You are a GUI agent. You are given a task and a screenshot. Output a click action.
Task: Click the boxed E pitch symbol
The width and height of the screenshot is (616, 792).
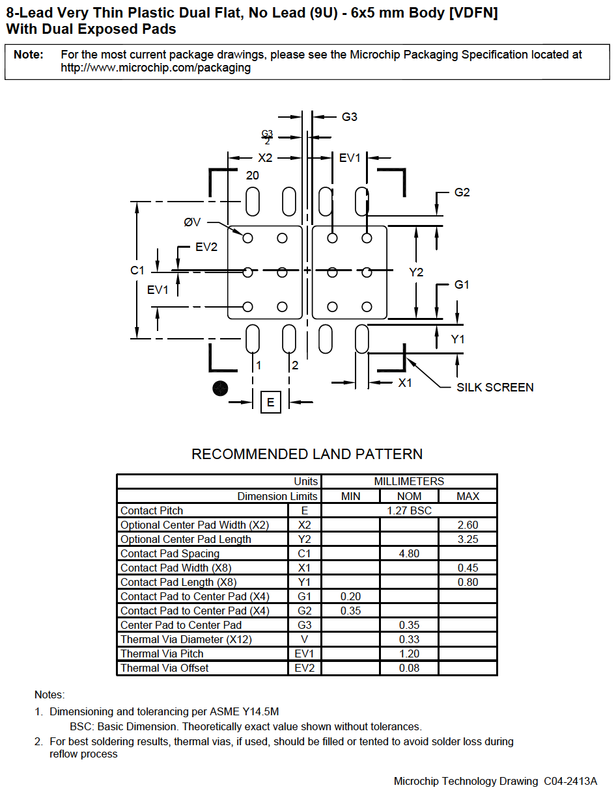pos(271,402)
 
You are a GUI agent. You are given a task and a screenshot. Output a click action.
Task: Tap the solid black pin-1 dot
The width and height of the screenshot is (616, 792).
pos(221,388)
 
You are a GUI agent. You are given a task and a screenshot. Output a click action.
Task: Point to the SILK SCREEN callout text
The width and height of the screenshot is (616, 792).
pos(495,388)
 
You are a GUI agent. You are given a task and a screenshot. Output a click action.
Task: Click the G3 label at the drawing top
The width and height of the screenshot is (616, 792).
pos(350,117)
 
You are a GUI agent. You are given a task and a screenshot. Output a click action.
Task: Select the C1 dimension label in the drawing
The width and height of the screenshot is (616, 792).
pos(137,271)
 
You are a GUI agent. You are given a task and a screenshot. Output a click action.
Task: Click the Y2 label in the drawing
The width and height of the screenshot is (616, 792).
pos(416,272)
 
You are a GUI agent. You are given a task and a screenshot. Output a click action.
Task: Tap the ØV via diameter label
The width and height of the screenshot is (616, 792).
pos(192,222)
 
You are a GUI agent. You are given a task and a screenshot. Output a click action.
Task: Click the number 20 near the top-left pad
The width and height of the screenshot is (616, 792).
pos(253,176)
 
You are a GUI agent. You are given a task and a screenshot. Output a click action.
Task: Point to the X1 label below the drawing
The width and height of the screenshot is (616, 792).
pos(406,383)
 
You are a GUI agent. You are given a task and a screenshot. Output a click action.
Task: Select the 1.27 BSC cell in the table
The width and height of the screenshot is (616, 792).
pos(409,510)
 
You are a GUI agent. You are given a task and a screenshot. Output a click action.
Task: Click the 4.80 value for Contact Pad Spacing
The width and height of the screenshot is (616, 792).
pos(409,553)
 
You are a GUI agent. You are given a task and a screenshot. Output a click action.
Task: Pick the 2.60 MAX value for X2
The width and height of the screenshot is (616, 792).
pos(468,525)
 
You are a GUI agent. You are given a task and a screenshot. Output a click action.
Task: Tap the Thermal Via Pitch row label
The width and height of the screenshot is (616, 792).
pos(162,653)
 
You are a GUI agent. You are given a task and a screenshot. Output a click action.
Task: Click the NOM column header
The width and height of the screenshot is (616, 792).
pos(409,496)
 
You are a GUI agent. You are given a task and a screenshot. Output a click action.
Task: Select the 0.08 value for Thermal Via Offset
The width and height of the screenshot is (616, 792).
pos(409,668)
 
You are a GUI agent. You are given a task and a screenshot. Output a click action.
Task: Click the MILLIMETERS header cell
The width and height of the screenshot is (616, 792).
pos(409,482)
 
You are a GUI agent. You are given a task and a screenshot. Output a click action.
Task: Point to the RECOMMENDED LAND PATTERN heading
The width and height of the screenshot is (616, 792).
pos(307,454)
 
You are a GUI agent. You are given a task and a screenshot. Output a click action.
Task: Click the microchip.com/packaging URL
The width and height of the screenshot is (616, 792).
pos(156,68)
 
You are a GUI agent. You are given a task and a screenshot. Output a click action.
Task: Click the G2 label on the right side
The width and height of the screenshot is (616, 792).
pos(462,192)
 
